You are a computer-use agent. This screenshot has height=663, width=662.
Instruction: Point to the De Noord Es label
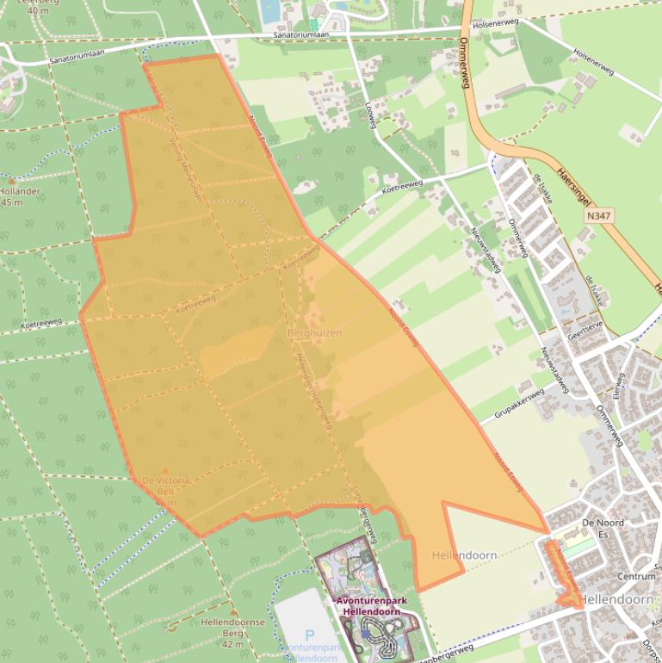click(603, 523)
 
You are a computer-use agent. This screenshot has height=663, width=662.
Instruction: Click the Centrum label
click(636, 577)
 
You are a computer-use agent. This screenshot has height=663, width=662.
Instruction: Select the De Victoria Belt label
click(166, 485)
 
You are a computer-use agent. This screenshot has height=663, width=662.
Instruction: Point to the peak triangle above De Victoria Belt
click(165, 470)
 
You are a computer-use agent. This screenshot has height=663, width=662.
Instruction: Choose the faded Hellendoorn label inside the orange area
click(464, 555)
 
